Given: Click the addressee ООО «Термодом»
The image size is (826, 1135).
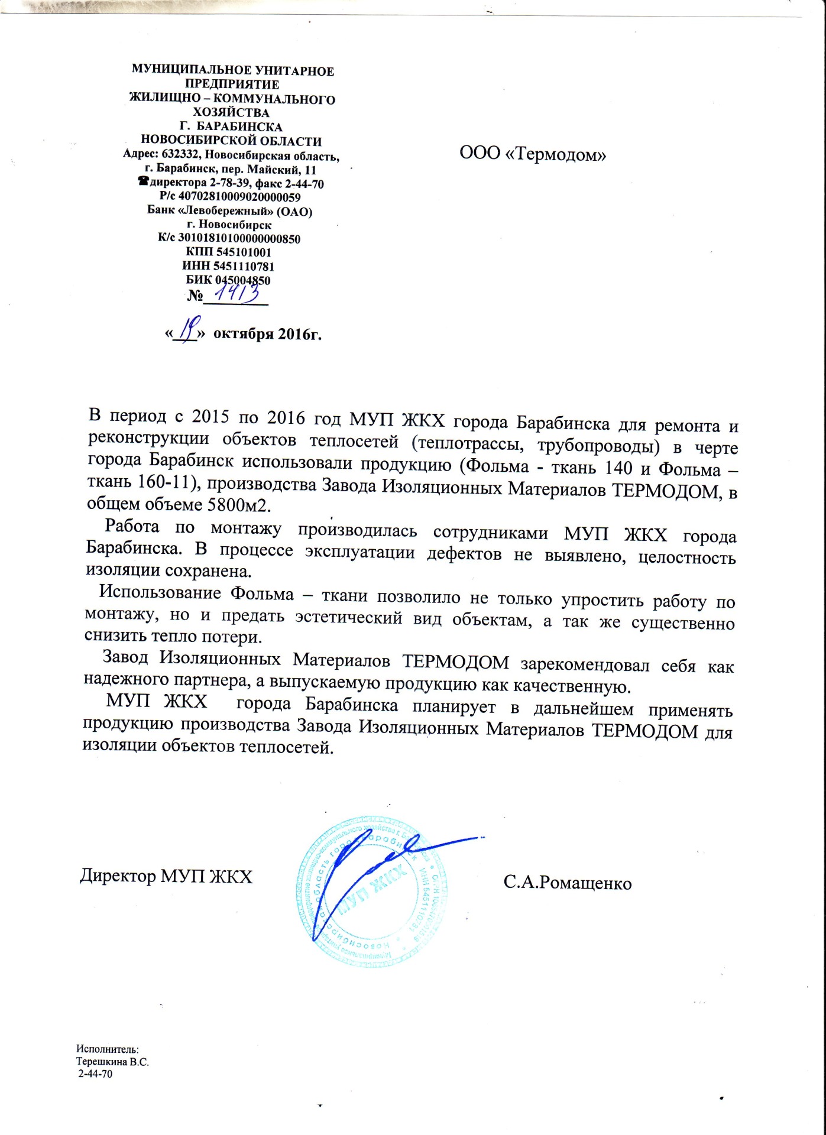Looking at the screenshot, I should point(533,154).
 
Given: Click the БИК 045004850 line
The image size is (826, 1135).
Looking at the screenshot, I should point(228,280).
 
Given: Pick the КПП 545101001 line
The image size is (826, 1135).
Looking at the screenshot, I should point(228,252).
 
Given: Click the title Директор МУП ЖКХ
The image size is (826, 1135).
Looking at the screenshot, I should point(166,876).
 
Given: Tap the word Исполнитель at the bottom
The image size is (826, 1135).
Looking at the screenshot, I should point(107,1049).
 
